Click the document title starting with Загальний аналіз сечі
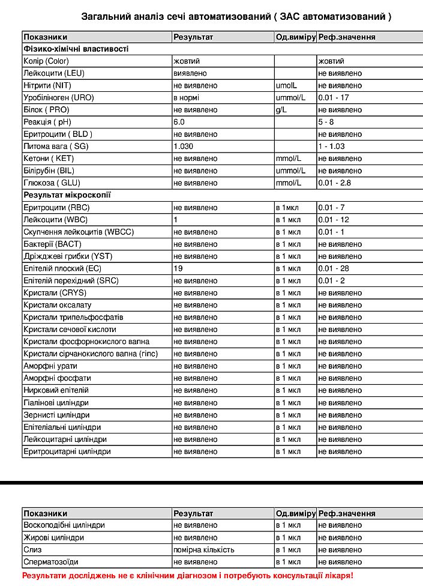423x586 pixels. [236, 17]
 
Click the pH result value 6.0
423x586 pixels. [179, 122]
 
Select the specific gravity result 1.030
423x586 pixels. [183, 146]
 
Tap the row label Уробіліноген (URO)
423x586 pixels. [58, 97]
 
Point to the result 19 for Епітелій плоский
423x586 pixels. [178, 268]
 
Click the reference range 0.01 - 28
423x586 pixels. [334, 268]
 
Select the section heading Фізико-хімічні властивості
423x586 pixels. [76, 49]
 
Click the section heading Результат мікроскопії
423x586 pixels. [67, 195]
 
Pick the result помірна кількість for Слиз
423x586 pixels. [203, 550]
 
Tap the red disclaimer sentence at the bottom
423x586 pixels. [188, 575]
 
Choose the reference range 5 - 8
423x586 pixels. [326, 122]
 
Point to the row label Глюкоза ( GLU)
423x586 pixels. [52, 183]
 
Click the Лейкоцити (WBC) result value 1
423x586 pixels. [175, 220]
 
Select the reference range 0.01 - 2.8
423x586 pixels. [335, 183]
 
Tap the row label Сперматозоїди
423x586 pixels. [50, 562]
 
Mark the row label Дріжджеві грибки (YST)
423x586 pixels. [68, 256]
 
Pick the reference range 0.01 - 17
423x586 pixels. [334, 97]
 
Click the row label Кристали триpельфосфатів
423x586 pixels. [73, 317]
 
